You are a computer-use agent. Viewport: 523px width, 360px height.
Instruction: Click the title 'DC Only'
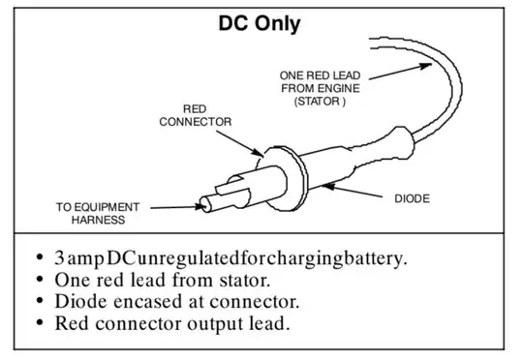point(260,24)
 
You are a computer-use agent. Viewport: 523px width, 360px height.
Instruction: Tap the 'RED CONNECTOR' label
point(195,115)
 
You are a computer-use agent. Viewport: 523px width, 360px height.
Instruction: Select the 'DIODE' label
point(412,198)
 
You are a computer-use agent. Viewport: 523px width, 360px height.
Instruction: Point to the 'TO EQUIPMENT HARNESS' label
point(98,213)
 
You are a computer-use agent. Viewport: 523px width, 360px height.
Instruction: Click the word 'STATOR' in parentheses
point(320,101)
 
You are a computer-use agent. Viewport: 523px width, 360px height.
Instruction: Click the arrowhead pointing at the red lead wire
point(425,65)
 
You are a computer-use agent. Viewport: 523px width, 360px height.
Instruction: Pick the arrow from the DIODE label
point(353,191)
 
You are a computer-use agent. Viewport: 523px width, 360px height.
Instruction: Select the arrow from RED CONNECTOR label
point(240,143)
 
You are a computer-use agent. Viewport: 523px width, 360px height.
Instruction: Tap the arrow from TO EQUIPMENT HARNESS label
point(178,207)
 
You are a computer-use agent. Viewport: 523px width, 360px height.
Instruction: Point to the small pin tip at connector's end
point(205,204)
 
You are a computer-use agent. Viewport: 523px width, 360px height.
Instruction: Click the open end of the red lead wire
point(371,44)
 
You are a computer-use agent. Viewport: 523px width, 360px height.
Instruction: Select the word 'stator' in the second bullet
point(244,280)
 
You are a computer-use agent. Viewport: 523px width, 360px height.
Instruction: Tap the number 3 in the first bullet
point(59,258)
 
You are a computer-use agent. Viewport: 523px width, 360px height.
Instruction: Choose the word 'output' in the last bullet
point(215,324)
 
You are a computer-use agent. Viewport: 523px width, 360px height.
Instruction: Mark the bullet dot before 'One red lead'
point(40,279)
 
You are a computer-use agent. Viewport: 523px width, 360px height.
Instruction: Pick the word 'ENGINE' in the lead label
point(340,88)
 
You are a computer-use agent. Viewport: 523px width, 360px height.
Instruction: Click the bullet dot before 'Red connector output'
point(40,322)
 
